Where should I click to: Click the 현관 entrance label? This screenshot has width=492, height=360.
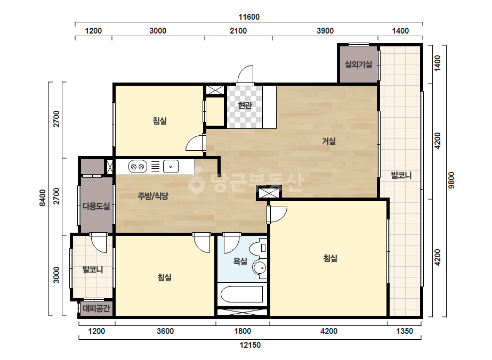tap(245, 105)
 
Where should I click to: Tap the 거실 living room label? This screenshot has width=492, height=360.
tap(329, 141)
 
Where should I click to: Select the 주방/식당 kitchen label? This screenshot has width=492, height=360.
tap(153, 196)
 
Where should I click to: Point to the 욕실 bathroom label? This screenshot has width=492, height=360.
tap(240, 261)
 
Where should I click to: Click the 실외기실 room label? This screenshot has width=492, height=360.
tap(358, 64)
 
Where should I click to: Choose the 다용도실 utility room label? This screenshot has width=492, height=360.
tap(96, 206)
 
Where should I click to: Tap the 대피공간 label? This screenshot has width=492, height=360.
tap(96, 308)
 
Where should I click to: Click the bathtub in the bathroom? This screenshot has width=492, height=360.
tap(242, 294)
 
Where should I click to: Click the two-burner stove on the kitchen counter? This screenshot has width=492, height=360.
tap(138, 167)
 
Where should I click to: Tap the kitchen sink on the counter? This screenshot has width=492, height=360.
tap(171, 167)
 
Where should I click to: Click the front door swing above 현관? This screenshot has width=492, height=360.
tap(245, 75)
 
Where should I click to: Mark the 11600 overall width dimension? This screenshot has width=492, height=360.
tap(249, 17)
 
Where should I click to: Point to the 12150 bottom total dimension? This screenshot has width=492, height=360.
tap(250, 345)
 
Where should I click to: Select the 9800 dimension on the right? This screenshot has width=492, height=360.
tap(451, 181)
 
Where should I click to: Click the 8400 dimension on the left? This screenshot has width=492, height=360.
tap(43, 198)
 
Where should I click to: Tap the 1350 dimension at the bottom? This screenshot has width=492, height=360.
tap(405, 331)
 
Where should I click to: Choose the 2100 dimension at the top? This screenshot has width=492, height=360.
tap(238, 31)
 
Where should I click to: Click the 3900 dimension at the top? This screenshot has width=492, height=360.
tap(325, 31)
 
